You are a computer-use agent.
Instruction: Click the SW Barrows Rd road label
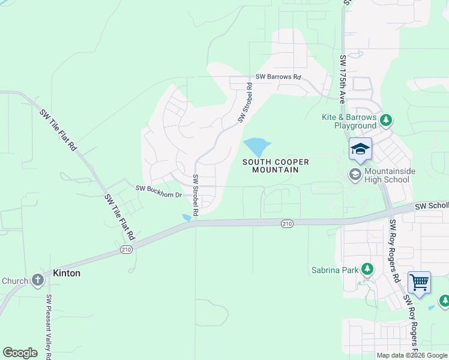pos(277,77)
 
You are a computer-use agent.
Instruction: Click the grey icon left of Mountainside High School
pos(355,175)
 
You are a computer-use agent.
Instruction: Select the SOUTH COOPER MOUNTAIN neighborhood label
pos(276,166)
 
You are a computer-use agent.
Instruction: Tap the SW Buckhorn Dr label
pos(158,188)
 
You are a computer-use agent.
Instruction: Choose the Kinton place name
pos(66,273)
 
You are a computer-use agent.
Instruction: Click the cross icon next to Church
pos(37,280)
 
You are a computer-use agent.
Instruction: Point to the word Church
pos(14,280)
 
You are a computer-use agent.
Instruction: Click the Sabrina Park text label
pos(335,270)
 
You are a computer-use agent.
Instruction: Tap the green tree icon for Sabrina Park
pos(366,269)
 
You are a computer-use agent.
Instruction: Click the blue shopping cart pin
pos(418,281)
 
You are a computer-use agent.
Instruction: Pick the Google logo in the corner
pos(20,353)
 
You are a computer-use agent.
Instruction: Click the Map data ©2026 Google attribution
pos(412,355)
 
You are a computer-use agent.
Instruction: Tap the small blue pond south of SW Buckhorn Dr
pos(187,217)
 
